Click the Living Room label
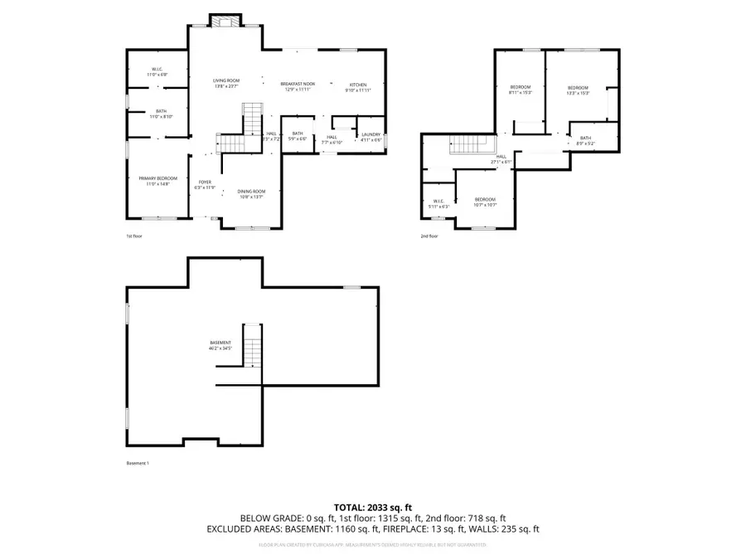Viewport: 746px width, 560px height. coord(225,82)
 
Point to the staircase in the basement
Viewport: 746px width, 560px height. coord(253,344)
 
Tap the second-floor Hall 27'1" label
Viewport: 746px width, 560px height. coord(501,158)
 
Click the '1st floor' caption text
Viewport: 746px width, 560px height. coord(134,236)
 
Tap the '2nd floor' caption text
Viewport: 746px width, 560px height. coord(429,236)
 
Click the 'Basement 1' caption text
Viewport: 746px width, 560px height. coord(138,463)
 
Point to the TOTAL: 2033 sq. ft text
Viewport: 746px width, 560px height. coord(372,506)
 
